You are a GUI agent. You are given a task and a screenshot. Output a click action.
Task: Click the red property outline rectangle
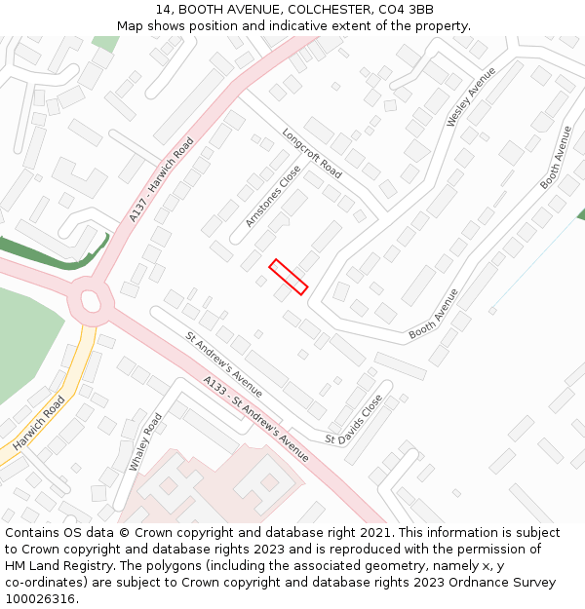[289, 276]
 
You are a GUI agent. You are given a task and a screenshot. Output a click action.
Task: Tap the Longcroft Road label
[312, 154]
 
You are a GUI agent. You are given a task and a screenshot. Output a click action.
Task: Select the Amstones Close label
[274, 196]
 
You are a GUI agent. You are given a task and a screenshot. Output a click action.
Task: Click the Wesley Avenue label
[471, 96]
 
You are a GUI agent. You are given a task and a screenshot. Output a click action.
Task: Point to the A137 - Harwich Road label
[162, 179]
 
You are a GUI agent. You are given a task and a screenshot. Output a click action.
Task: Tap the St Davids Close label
[354, 419]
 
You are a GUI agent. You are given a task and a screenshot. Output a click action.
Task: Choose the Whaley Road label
[146, 441]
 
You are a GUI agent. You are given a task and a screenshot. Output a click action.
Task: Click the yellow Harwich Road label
[39, 422]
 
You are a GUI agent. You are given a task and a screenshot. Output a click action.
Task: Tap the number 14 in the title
[163, 10]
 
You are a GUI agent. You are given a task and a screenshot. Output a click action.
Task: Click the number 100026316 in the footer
[41, 598]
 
